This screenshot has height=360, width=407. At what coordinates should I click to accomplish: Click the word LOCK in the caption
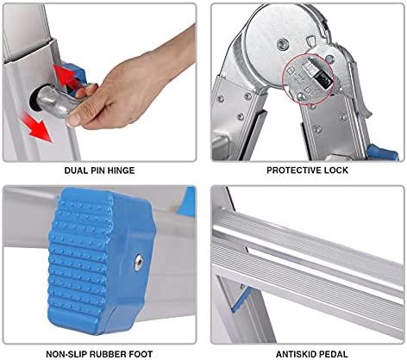pos(335,171)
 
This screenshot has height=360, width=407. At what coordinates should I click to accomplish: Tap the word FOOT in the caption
pos(141,354)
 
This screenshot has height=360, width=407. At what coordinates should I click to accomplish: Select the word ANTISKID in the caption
pos(297,354)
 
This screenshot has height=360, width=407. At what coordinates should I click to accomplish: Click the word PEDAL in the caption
pos(335,354)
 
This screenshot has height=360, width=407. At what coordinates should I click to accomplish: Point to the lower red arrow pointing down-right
pos(37,127)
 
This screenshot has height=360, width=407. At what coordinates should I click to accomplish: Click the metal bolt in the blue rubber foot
pos(138,264)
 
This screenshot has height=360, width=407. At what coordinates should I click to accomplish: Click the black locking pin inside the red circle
pos(321,78)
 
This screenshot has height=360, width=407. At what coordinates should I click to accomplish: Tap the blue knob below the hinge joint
pos(382,152)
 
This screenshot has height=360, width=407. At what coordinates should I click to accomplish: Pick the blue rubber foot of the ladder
pos(101,261)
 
